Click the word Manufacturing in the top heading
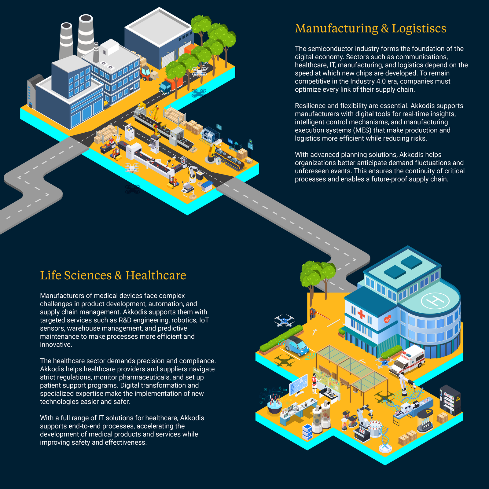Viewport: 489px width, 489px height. [x=336, y=28]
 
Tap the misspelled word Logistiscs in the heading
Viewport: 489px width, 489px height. [x=419, y=28]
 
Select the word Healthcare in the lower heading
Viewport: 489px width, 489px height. [x=156, y=275]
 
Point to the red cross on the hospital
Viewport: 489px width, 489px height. [x=361, y=314]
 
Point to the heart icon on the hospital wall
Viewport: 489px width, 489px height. [x=387, y=319]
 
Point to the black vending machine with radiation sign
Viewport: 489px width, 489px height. [x=450, y=400]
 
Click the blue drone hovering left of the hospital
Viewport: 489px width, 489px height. [x=284, y=321]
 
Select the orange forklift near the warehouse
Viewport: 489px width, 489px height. [x=147, y=73]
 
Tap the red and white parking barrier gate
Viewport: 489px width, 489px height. [x=319, y=314]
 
